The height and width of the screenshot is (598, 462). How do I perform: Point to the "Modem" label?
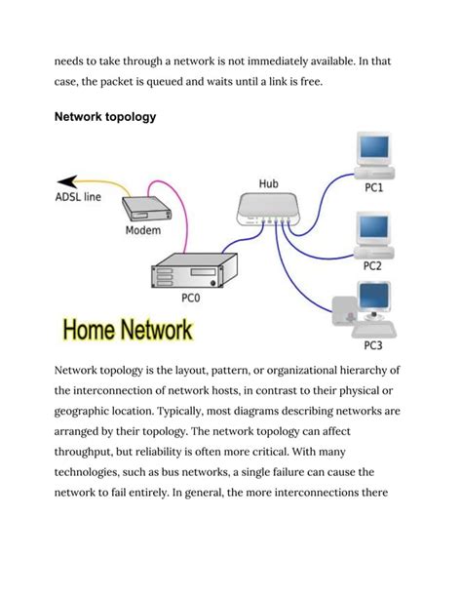143,231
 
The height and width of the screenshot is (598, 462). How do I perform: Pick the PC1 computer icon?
375,157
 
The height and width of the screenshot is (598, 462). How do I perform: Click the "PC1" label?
373,189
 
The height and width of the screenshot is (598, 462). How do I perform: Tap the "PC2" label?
372,265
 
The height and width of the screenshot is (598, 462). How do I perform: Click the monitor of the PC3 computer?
374,299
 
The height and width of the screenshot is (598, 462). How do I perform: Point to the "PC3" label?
373,344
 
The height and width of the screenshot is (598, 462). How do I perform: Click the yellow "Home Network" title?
127,330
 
